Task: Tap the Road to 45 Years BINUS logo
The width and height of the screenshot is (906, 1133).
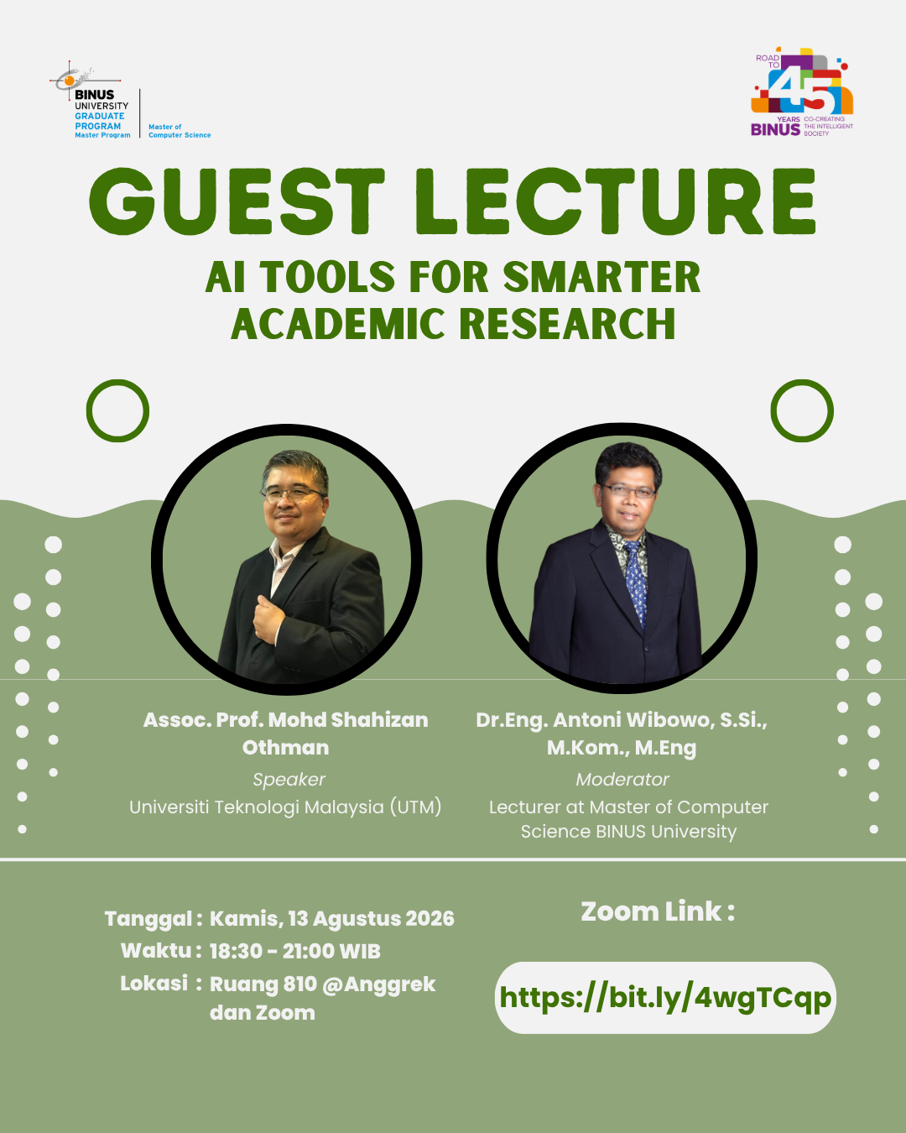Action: point(802,92)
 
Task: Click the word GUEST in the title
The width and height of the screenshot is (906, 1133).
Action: point(237,201)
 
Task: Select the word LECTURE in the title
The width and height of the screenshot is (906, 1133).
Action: point(616,201)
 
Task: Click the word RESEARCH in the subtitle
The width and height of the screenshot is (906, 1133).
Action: point(567,323)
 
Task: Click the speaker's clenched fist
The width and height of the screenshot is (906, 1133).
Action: point(269,619)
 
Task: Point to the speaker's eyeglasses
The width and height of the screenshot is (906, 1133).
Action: point(293,493)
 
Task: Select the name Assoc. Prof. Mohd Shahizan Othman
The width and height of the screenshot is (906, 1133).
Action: point(286,734)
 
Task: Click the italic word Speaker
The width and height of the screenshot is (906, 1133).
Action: point(289,779)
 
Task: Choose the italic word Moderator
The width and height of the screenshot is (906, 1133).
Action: point(622,779)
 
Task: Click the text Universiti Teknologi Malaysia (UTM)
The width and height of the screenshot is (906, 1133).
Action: point(285,807)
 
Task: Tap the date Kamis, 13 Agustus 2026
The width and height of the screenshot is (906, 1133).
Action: point(331,919)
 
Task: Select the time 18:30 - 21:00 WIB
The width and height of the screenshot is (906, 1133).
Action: point(294,952)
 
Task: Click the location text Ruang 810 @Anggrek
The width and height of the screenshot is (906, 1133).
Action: point(323,984)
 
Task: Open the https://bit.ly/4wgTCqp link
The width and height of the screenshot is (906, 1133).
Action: point(665,997)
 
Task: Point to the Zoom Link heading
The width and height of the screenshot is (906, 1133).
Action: point(658,912)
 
